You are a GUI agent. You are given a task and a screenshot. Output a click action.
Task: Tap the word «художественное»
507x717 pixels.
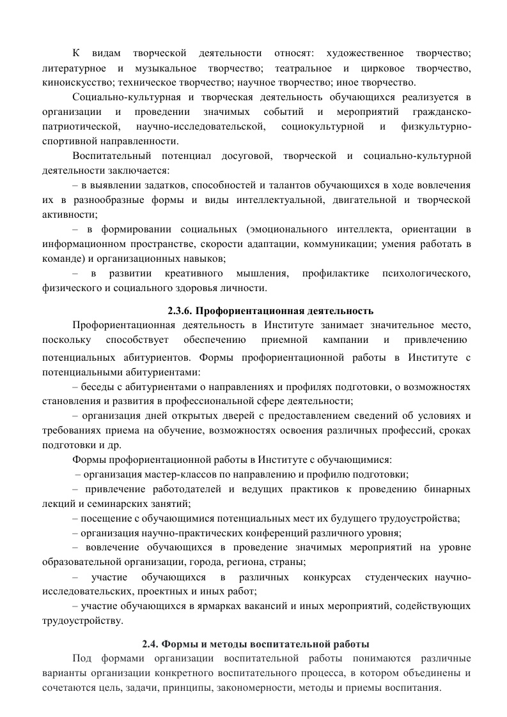point(365,52)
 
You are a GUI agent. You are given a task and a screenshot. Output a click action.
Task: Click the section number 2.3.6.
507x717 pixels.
point(180,311)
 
